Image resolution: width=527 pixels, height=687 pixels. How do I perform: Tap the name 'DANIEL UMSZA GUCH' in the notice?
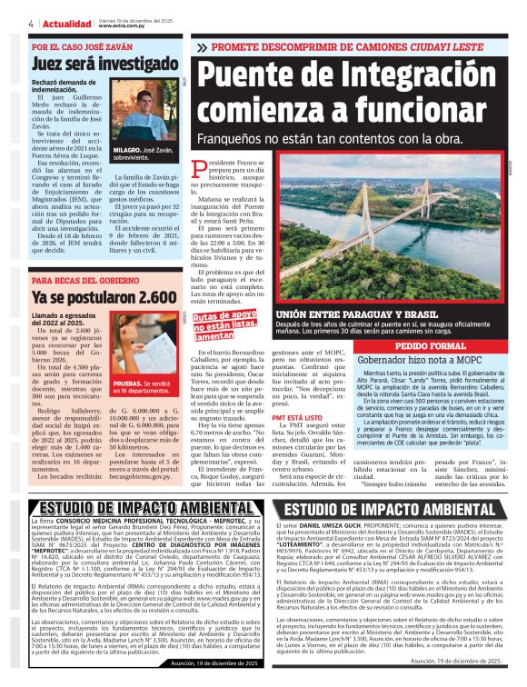click(330, 525)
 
